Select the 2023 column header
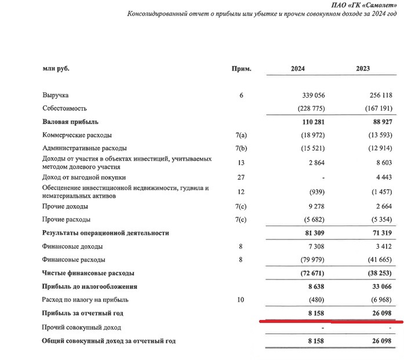point(363,68)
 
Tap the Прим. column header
point(241,68)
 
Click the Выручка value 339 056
point(311,95)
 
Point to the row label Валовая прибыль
point(70,122)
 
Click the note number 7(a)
point(241,135)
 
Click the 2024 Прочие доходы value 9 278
point(315,206)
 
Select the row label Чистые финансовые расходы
point(88,273)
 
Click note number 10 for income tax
point(241,300)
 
